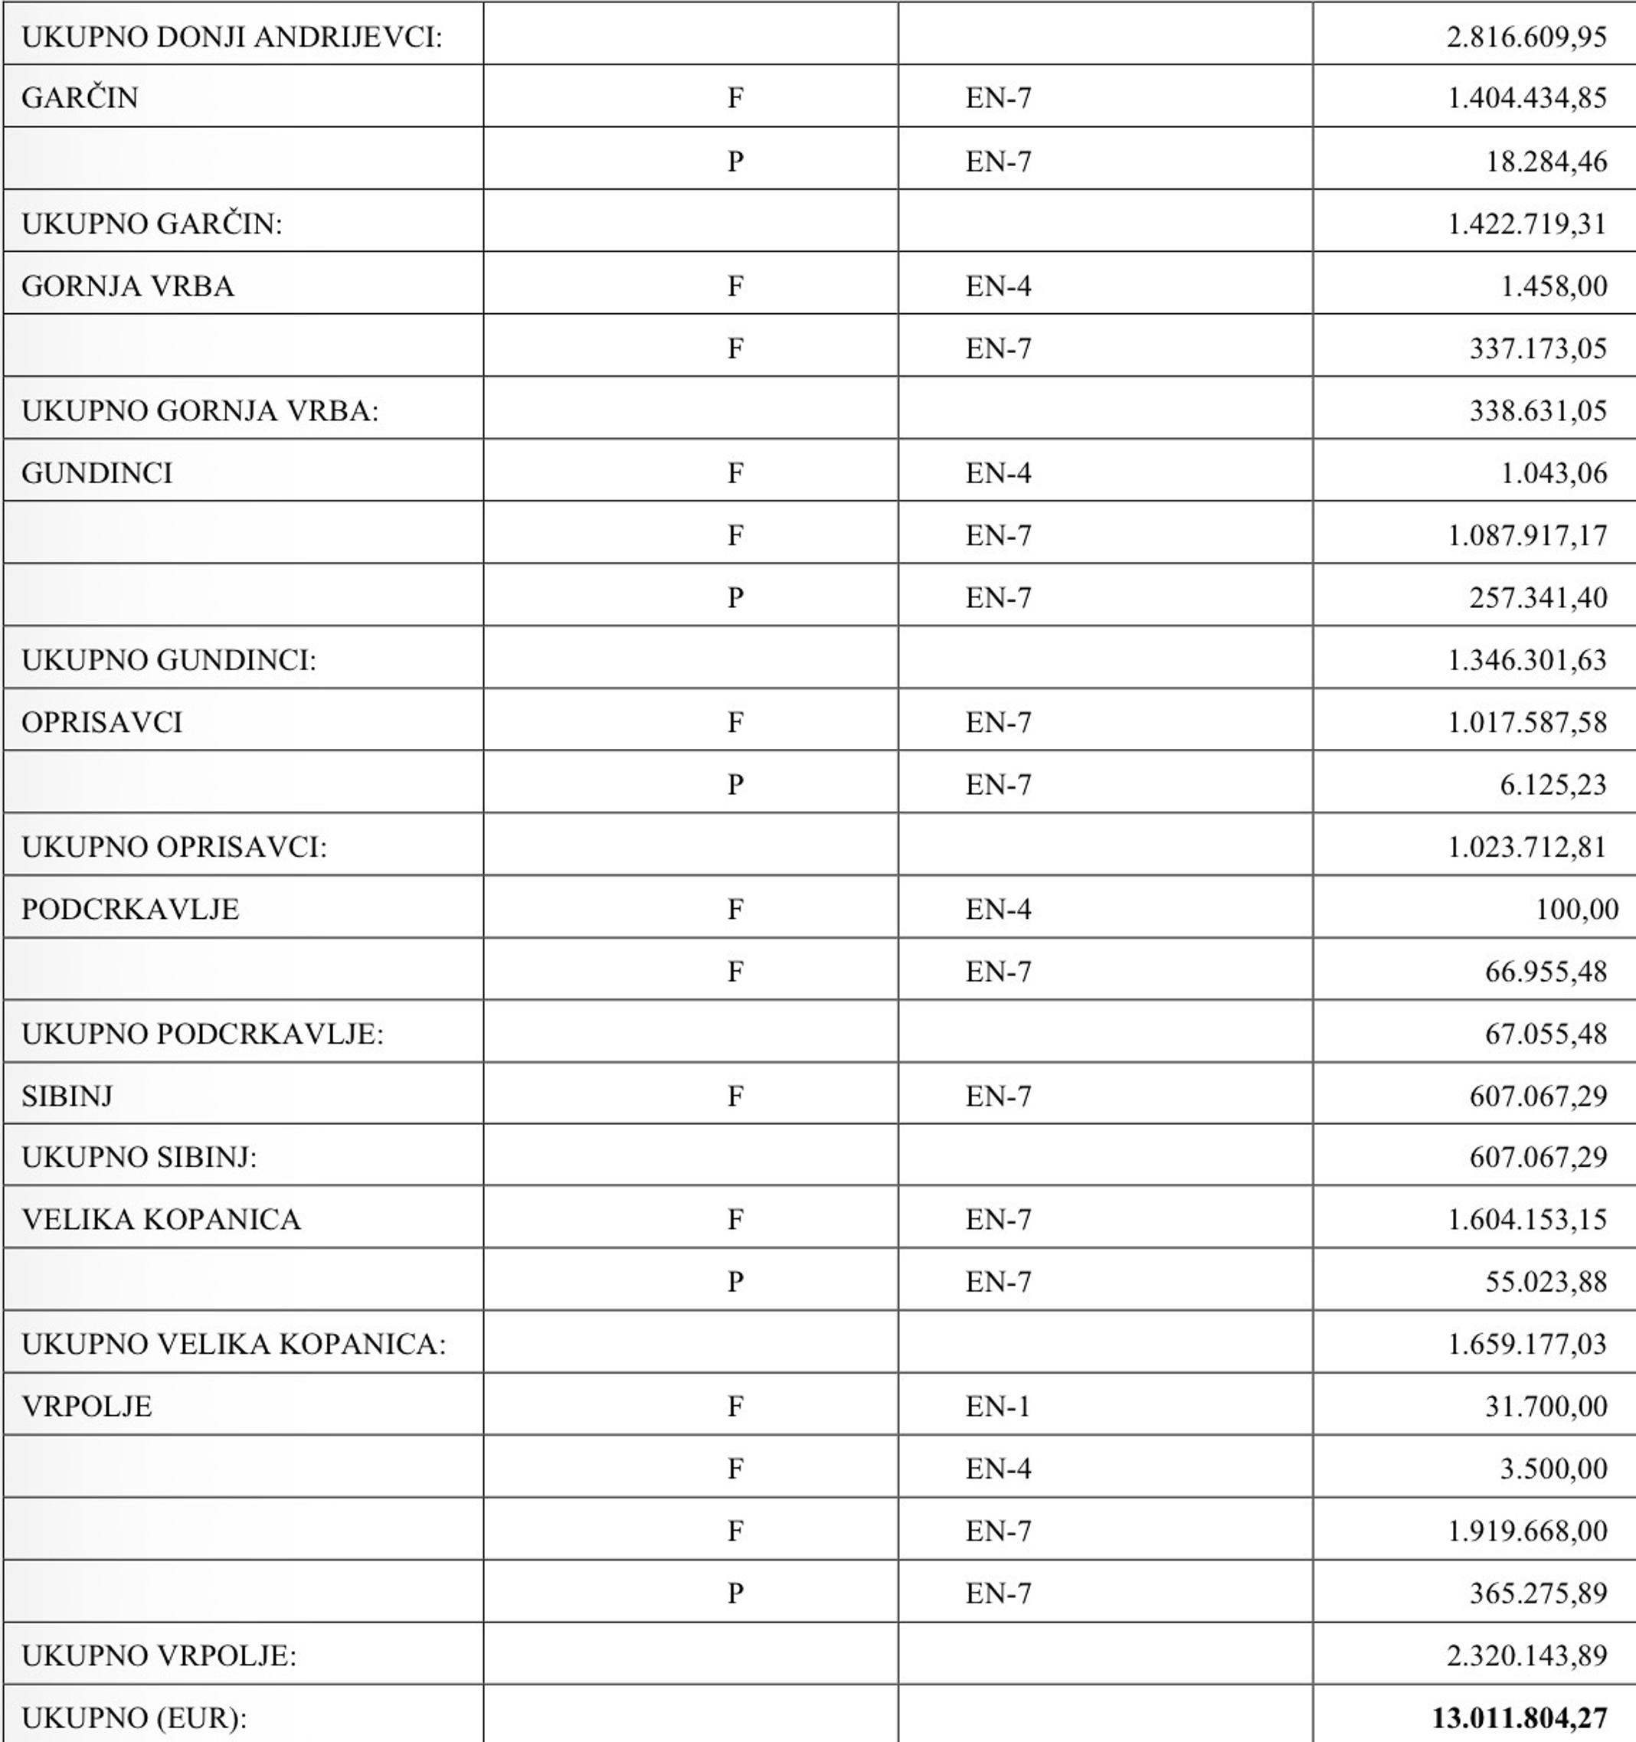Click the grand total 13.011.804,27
tap(1519, 1717)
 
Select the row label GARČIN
tap(80, 97)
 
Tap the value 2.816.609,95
tap(1526, 37)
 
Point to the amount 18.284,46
tap(1546, 162)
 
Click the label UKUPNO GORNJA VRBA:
tap(200, 410)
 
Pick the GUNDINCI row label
tap(97, 473)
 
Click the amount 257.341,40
tap(1538, 597)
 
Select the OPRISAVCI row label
tap(102, 722)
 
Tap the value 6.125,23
tap(1553, 784)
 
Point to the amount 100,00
tap(1576, 909)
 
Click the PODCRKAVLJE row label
tap(129, 909)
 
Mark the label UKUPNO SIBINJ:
tap(139, 1157)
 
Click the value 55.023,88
tap(1546, 1281)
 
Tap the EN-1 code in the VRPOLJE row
tap(997, 1406)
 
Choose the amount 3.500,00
tap(1553, 1468)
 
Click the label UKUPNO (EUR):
tap(134, 1717)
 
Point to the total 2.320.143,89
tap(1526, 1655)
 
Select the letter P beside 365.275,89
tap(735, 1592)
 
